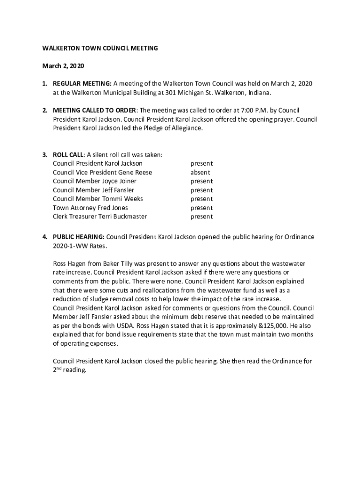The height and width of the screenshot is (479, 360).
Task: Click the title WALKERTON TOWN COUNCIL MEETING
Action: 100,48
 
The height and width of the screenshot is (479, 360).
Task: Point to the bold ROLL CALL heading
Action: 68,155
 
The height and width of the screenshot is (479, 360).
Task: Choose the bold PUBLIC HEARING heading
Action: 78,237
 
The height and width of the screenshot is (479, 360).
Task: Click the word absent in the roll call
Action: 200,172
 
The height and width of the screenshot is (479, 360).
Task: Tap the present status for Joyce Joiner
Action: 201,181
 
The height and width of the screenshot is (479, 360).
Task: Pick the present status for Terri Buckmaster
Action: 201,217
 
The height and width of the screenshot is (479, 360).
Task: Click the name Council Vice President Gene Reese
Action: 102,172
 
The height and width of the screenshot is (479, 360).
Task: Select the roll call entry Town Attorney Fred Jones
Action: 90,208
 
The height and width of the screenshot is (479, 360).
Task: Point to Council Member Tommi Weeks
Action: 98,199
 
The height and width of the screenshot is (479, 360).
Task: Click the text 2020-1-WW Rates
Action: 80,246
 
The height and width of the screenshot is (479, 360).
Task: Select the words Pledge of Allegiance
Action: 173,128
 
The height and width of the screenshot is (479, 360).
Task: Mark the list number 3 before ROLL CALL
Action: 44,155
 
